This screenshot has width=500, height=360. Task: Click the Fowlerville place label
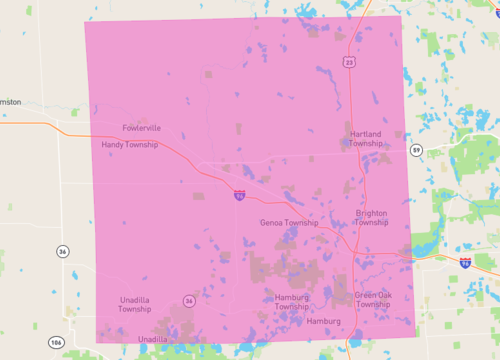pyautogui.click(x=141, y=128)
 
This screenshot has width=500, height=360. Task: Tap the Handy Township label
pyautogui.click(x=129, y=145)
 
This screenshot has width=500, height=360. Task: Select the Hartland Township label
pyautogui.click(x=366, y=138)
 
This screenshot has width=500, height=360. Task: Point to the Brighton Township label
pyautogui.click(x=372, y=217)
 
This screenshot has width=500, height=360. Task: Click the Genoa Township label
pyautogui.click(x=288, y=223)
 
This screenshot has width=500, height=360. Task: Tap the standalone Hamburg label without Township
pyautogui.click(x=324, y=321)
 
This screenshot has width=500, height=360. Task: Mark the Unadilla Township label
pyautogui.click(x=135, y=304)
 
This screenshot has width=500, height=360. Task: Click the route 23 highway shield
pyautogui.click(x=349, y=62)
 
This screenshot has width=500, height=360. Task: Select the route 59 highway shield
pyautogui.click(x=416, y=150)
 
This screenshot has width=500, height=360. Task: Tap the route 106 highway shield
pyautogui.click(x=57, y=342)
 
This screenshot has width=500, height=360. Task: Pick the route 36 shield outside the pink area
pyautogui.click(x=62, y=251)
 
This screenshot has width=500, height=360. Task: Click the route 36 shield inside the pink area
pyautogui.click(x=188, y=299)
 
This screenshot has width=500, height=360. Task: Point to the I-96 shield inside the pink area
pyautogui.click(x=240, y=196)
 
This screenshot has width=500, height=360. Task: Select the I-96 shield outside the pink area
pyautogui.click(x=466, y=262)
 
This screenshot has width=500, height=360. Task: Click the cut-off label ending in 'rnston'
pyautogui.click(x=10, y=102)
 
